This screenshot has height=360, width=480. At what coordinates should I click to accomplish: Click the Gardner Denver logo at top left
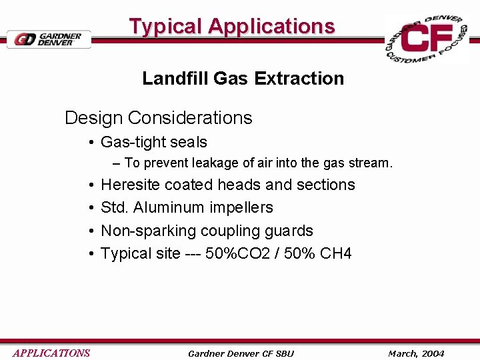click(x=49, y=39)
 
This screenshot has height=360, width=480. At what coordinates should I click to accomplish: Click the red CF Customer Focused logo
click(x=427, y=39)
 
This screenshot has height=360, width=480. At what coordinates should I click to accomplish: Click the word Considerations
click(x=190, y=118)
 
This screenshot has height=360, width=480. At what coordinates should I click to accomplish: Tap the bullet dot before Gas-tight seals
click(x=90, y=143)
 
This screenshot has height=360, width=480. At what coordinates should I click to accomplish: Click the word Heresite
click(x=130, y=185)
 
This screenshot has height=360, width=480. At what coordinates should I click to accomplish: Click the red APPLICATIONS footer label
click(x=51, y=353)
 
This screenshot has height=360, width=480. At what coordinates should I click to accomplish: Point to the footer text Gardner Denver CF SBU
click(x=241, y=353)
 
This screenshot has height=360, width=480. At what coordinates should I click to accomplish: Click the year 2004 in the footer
click(x=431, y=353)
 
